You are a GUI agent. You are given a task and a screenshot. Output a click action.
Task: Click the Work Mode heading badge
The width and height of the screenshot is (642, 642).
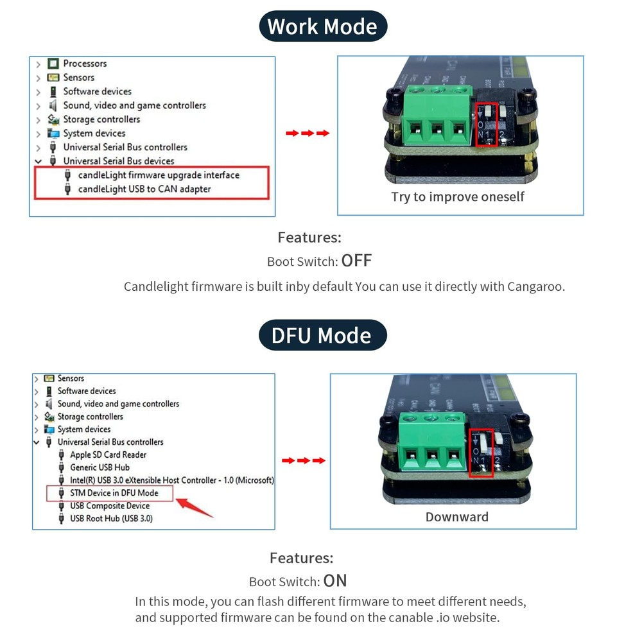point(322,27)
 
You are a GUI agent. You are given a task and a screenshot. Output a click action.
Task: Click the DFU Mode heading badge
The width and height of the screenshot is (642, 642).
point(322,336)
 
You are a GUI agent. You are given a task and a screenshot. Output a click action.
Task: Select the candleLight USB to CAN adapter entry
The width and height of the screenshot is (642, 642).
point(144,189)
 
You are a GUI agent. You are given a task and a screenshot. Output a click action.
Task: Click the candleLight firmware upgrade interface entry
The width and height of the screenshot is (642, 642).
point(159,175)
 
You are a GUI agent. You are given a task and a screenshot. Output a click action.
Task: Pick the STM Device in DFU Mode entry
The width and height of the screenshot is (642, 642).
point(114,493)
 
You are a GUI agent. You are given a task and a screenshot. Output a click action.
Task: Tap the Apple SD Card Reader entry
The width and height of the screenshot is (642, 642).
point(108,455)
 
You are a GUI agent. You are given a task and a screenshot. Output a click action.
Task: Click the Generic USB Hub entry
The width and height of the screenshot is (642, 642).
point(100,467)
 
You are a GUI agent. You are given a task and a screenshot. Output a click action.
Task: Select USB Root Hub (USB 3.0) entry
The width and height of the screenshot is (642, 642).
point(111,518)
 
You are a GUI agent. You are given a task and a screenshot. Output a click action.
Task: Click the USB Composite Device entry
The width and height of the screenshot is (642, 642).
point(109,506)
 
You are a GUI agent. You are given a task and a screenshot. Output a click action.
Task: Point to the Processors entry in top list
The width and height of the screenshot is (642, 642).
point(85,64)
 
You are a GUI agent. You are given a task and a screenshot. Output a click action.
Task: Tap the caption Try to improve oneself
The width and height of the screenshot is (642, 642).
point(457,196)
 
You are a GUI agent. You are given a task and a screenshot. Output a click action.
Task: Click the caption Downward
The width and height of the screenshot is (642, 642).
point(456,517)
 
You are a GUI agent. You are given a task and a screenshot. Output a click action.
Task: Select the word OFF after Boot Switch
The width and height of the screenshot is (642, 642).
point(356,261)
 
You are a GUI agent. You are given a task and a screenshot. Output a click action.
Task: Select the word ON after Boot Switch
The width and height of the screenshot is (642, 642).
point(335,581)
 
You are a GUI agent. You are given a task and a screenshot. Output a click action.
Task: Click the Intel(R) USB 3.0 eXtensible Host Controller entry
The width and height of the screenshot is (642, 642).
point(171,480)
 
